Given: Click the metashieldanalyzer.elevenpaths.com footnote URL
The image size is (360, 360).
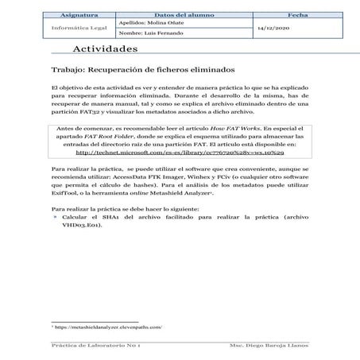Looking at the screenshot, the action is click(x=108, y=328).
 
